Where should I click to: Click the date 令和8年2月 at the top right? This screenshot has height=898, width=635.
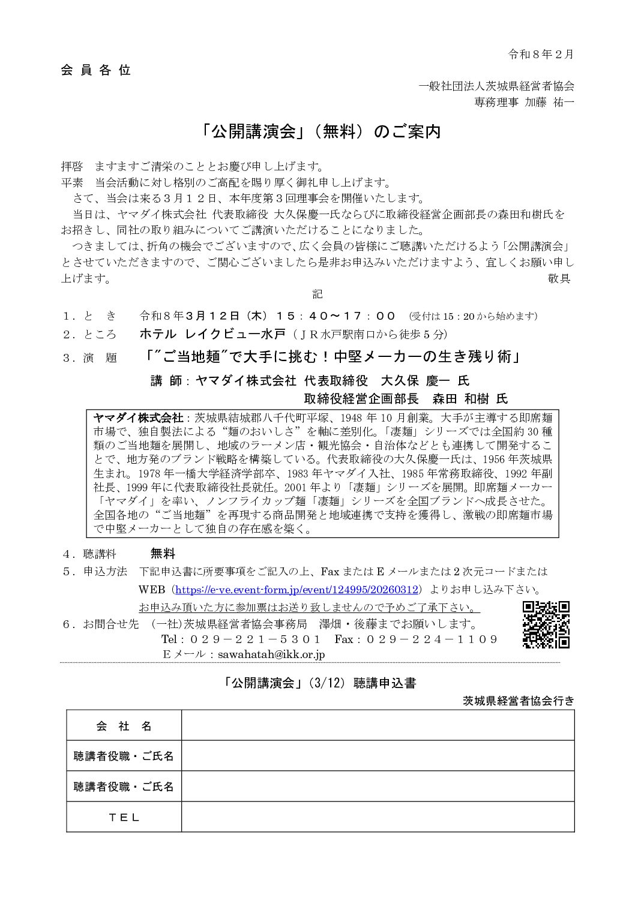pyautogui.click(x=541, y=55)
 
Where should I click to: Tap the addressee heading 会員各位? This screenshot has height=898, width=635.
pyautogui.click(x=95, y=70)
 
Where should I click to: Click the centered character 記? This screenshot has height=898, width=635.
pyautogui.click(x=317, y=294)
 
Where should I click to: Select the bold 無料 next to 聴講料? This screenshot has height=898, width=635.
pyautogui.click(x=163, y=553)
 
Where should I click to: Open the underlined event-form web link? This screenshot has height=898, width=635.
pyautogui.click(x=299, y=589)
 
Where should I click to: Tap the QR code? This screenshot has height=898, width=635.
pyautogui.click(x=546, y=624)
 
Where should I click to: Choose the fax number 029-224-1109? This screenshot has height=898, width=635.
pyautogui.click(x=432, y=639)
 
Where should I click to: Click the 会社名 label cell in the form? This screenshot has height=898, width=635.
pyautogui.click(x=124, y=726)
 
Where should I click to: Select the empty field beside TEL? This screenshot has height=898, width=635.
pyautogui.click(x=378, y=817)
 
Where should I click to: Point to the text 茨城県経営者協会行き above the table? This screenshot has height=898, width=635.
pyautogui.click(x=518, y=700)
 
